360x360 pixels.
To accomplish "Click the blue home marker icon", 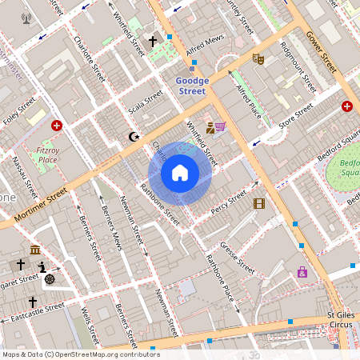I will click(180, 173).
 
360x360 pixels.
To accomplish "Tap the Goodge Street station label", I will click(192, 86).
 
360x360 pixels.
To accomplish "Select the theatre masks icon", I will click(258, 58).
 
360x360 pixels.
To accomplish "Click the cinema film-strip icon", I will click(258, 203).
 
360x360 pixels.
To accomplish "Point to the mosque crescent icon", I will click(134, 137).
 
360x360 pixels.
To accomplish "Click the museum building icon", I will click(36, 250).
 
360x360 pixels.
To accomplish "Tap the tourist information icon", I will click(42, 266).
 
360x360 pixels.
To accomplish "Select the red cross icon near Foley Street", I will click(57, 126).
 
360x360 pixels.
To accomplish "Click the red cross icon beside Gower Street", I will click(347, 106).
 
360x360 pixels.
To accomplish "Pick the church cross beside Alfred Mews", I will click(153, 40).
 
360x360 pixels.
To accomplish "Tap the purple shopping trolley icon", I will click(220, 126).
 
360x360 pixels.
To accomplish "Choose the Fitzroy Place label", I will click(47, 154).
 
